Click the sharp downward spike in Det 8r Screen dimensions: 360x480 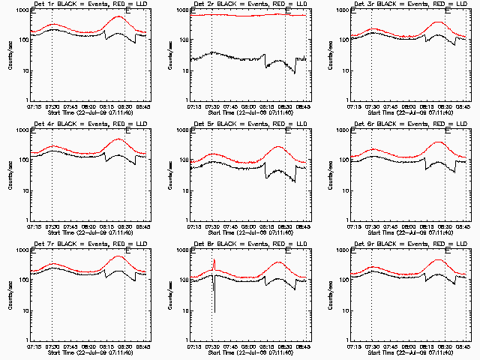214,307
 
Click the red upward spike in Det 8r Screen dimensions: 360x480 214,262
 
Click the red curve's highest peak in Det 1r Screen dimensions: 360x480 118,16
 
